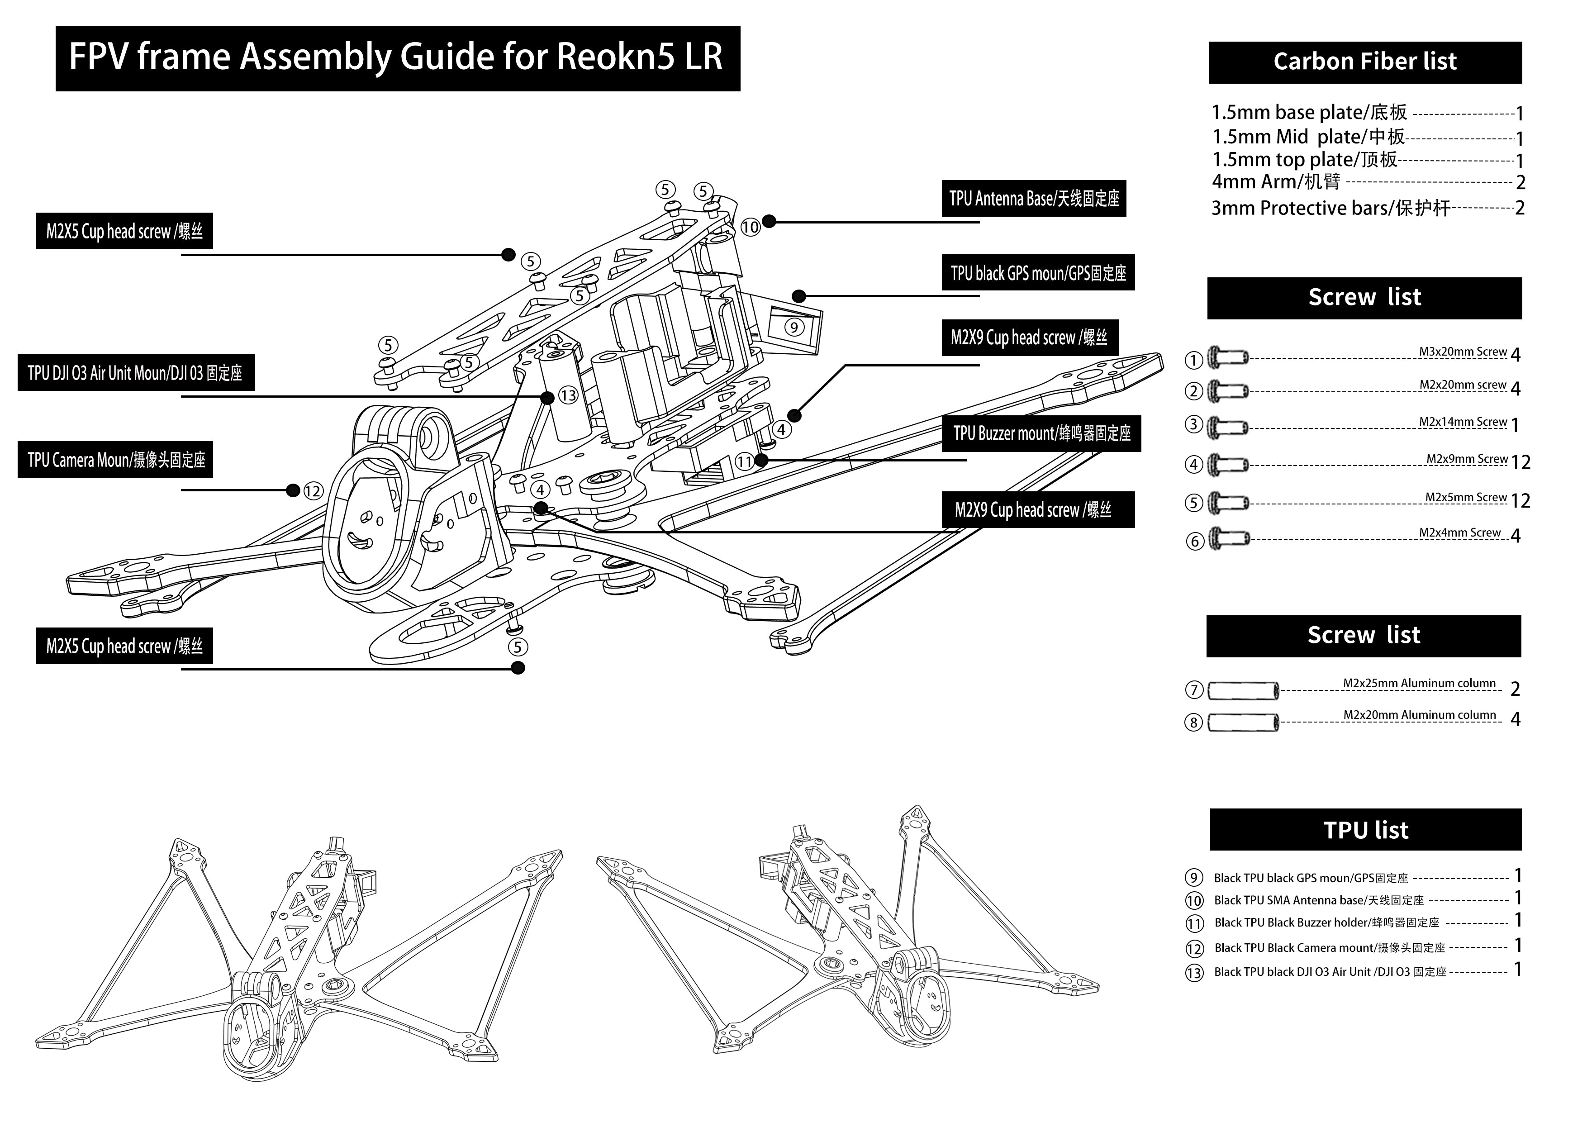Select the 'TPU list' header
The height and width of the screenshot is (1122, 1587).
pos(1365,830)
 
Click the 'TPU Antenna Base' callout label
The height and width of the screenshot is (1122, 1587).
pos(1033,199)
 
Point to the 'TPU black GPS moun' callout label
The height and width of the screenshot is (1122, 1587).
pos(1037,273)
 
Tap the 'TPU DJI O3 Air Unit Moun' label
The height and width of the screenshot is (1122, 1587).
pos(135,373)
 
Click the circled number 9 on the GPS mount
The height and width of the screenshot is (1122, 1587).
pos(794,327)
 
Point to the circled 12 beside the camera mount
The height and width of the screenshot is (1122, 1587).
pos(313,491)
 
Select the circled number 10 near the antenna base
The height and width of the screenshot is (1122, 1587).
pos(750,227)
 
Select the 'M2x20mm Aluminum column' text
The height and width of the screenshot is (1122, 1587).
pos(1419,715)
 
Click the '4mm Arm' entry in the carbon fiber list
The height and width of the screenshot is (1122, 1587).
pos(1276,182)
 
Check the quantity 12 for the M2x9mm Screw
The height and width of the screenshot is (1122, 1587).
pos(1520,462)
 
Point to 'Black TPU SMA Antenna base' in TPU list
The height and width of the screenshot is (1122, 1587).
pos(1318,900)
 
